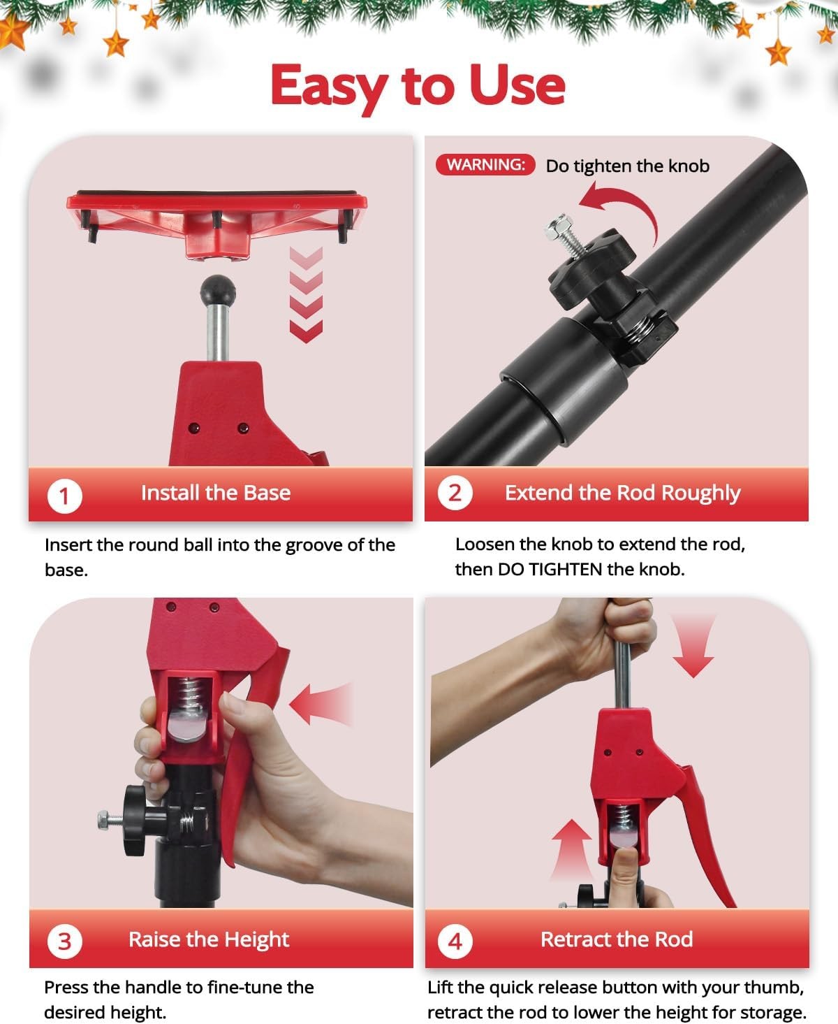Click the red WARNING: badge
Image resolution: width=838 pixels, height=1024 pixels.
[x=485, y=164]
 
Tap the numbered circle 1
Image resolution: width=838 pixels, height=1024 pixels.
[x=64, y=496]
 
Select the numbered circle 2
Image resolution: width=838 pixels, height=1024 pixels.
[x=455, y=493]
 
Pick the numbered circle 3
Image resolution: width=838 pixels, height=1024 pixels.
[x=64, y=942]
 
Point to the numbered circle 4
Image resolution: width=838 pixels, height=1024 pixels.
[x=455, y=942]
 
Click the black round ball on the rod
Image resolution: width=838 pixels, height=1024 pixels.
[x=218, y=290]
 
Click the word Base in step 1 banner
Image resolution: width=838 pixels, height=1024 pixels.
[x=267, y=493]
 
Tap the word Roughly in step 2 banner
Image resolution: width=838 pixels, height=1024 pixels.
[x=700, y=493]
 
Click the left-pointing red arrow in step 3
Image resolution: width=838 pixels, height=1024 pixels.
[x=321, y=704]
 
